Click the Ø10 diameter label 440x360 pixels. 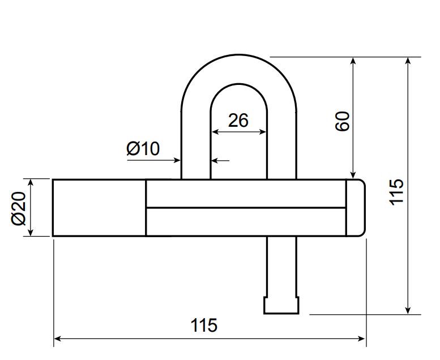[x=143, y=148]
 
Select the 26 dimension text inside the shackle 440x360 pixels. [x=238, y=121]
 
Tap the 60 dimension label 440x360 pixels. [x=343, y=121]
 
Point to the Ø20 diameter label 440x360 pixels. [x=19, y=208]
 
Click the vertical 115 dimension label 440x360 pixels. [x=396, y=192]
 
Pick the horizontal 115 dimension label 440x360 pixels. [x=204, y=325]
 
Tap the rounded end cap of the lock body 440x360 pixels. [x=356, y=208]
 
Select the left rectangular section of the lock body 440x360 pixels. [x=99, y=208]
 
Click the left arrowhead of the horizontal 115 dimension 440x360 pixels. [x=57, y=338]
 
